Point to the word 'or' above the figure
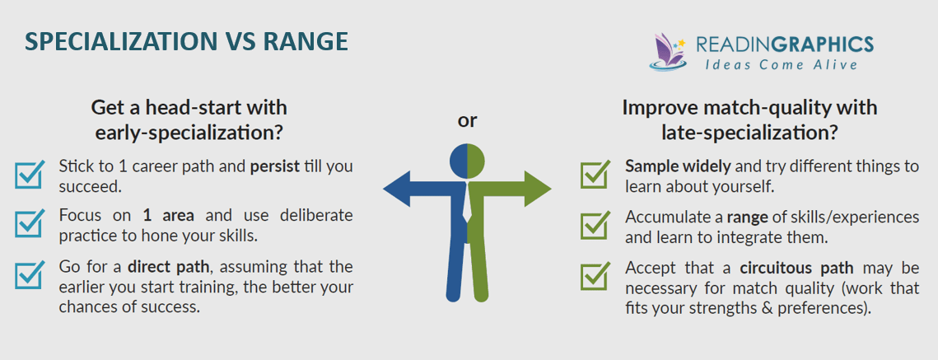point(467,121)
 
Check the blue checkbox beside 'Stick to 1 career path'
point(30,174)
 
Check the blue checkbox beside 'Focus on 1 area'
point(30,223)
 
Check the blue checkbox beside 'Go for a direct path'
point(30,275)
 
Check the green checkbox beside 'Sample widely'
point(595,174)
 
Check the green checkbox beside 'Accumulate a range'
point(595,225)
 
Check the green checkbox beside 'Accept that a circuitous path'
point(595,276)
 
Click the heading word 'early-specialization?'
point(189,130)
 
